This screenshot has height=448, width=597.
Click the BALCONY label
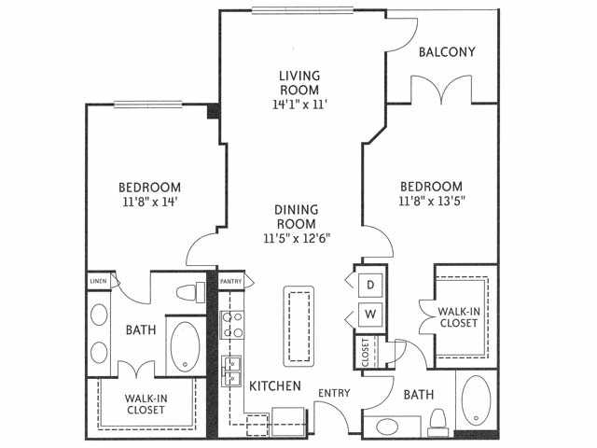pos(447,52)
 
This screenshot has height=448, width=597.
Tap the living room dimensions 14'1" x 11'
pos(299,104)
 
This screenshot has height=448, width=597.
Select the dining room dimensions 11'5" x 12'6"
pos(297,239)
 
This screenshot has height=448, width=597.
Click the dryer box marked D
pos(370,285)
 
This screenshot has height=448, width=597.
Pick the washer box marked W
pos(370,315)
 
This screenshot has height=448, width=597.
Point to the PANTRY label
pos(230,282)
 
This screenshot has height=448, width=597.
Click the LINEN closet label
pos(98,281)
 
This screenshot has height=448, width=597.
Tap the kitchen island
pos(298,326)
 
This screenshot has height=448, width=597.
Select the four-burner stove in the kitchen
pos(232,325)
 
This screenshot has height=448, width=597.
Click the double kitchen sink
pos(232,371)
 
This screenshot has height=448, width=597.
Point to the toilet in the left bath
pos(190,292)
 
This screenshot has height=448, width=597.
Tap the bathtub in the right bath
pos(476,400)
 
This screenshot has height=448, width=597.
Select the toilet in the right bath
pos(437,423)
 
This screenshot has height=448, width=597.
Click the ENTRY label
pos(334,393)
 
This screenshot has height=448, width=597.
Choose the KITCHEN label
pos(275,385)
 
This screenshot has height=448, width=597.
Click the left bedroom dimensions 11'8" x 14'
pos(150,202)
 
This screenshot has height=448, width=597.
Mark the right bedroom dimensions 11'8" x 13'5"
pos(432,201)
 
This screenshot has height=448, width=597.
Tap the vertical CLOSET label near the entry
pos(366,353)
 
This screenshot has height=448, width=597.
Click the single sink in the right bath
pos(386,427)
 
